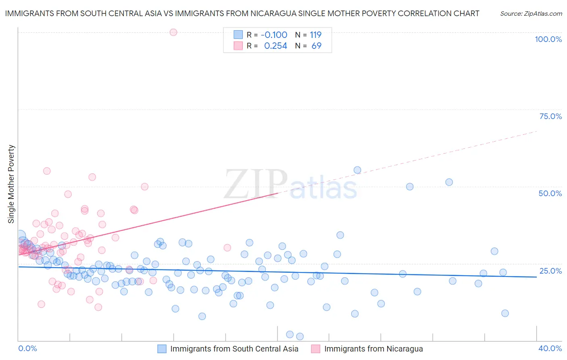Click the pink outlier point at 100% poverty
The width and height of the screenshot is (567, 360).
173,32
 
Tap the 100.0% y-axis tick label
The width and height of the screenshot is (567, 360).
548,39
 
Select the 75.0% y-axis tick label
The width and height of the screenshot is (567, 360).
550,116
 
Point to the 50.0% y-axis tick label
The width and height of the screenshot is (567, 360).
550,193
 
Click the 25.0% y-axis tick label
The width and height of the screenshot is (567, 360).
550,271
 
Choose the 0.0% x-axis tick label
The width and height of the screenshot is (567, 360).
27,348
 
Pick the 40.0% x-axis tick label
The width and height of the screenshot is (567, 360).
550,348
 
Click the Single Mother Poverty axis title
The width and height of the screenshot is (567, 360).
11,184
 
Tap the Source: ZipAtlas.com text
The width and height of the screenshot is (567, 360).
531,14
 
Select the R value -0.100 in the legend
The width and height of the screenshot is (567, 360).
274,35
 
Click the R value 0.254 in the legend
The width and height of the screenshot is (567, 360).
275,46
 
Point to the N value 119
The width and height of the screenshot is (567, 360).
316,35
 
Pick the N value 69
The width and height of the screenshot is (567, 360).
317,46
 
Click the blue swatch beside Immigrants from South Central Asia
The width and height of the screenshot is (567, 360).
162,349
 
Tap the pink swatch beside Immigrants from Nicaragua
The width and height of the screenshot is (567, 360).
316,349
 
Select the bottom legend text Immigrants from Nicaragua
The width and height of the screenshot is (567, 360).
373,349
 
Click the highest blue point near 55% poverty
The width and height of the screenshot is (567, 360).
357,170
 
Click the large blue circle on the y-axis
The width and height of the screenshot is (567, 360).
19,236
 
